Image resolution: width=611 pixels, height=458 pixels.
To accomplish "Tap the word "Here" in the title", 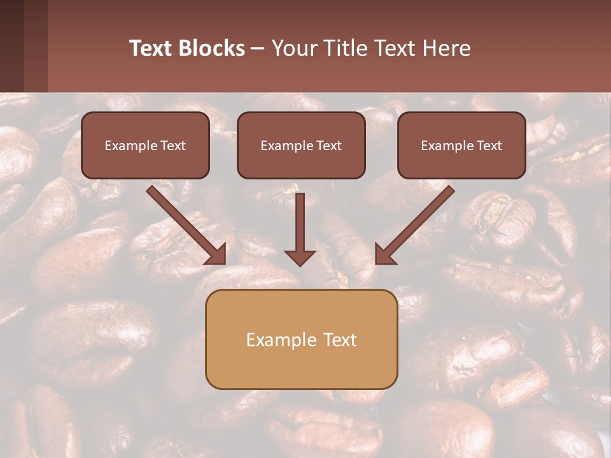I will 446,48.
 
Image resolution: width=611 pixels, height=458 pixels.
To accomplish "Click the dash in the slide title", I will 258,49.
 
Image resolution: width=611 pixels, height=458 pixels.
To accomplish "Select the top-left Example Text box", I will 145,145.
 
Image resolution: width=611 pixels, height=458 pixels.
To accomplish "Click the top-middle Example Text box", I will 301,145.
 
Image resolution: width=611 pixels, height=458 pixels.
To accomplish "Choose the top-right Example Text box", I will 461,145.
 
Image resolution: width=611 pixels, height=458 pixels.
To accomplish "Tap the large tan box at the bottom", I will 301,339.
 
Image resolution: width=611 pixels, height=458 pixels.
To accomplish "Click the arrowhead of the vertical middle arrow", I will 300,257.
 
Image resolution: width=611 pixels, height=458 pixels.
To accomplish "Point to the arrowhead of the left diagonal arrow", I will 218,255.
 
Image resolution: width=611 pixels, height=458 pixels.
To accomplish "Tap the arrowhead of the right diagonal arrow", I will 384,255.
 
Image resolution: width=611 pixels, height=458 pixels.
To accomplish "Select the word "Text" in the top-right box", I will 489,146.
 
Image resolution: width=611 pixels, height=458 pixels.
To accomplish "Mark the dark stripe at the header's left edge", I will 11,46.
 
